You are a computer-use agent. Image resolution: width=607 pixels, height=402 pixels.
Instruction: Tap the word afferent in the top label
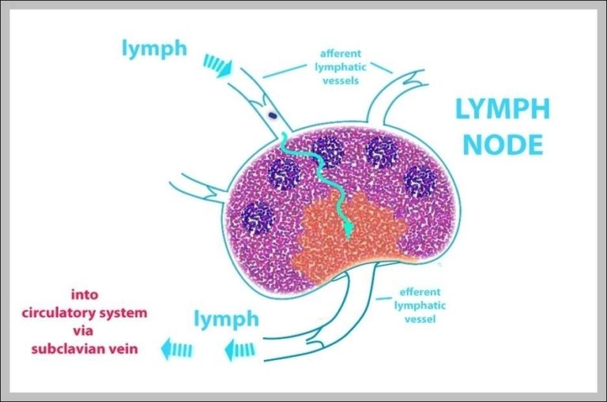click(x=341, y=54)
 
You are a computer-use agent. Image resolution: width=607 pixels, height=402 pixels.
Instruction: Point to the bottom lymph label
click(x=226, y=319)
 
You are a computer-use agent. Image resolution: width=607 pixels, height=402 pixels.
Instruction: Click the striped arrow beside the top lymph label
click(x=218, y=65)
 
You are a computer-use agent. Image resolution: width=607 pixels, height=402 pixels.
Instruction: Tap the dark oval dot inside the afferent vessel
click(x=273, y=115)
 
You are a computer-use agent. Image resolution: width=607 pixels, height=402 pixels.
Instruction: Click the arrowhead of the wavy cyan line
click(x=347, y=231)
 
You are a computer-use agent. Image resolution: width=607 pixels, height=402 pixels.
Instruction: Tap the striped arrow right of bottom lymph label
click(x=239, y=346)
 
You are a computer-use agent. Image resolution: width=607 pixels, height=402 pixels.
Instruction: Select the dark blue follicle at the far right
click(x=419, y=182)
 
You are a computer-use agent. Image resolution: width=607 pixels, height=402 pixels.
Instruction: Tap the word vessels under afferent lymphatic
click(x=341, y=81)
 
